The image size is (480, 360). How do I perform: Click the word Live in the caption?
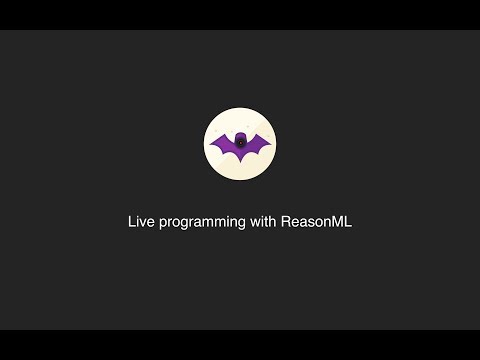pos(140,222)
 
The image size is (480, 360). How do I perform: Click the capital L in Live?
pos(132,222)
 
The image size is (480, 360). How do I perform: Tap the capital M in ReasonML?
pos(338,222)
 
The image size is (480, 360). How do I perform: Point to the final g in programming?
pos(240,224)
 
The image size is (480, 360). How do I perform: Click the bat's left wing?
pos(224,147)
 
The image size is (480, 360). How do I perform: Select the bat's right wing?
pos(256,147)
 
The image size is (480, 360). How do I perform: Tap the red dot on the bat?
pos(240,141)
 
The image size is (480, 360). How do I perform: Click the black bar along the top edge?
pos(240,14)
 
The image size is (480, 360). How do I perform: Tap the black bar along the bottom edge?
pos(240,345)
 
